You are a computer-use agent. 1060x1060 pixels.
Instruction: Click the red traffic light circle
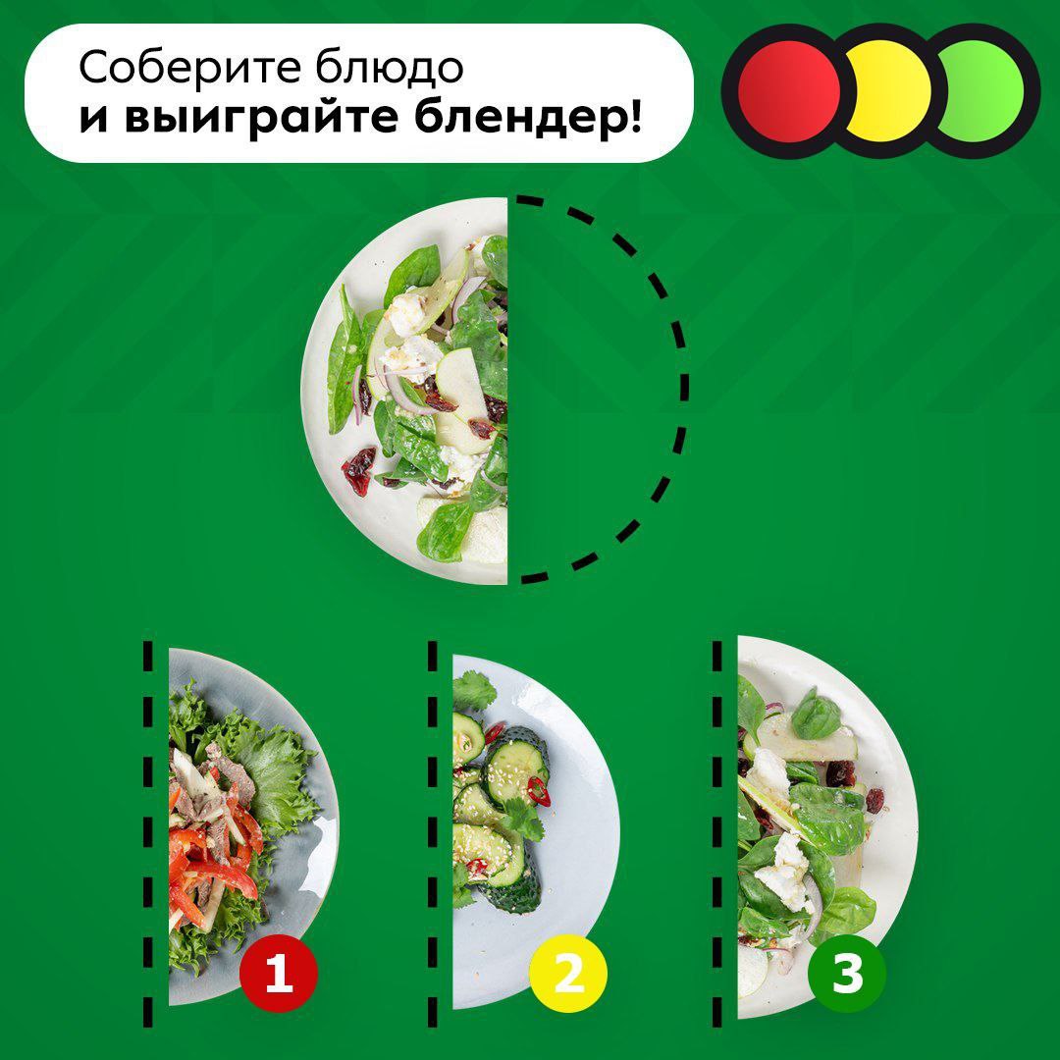coord(788,92)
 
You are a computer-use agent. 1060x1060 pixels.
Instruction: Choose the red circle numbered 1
coord(278,974)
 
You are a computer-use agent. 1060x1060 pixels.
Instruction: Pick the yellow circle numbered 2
coord(568,974)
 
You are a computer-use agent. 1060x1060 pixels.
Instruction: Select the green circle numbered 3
coord(847,974)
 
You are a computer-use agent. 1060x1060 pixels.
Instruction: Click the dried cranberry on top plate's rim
coord(358,468)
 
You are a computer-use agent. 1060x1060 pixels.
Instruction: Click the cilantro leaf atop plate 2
coord(473,692)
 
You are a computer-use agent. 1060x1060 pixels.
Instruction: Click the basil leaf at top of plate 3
coord(816,715)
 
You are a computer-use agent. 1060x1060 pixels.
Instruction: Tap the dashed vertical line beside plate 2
coord(432,831)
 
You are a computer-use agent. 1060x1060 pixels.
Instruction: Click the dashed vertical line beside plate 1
coord(148,831)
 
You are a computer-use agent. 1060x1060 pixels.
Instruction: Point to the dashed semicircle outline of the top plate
coord(683,388)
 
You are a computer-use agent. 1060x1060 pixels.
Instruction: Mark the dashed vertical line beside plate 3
coord(717,831)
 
